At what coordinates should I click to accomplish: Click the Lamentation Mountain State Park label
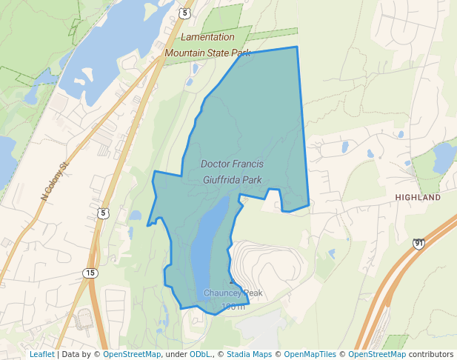[x=207, y=44]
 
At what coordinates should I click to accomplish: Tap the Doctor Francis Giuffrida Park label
[x=232, y=171]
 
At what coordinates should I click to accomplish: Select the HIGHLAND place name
[x=418, y=198]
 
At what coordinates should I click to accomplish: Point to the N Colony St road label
[x=54, y=181]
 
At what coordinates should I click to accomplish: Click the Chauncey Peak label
[x=233, y=293]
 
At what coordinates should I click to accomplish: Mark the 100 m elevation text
[x=233, y=307]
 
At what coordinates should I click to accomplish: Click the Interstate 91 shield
[x=419, y=243]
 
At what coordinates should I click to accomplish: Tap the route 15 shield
[x=90, y=273]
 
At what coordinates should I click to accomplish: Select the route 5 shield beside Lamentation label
[x=184, y=13]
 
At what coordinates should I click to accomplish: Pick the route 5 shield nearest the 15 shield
[x=102, y=214]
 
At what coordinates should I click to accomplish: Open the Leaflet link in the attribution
[x=41, y=355]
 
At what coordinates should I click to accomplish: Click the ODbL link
[x=200, y=355]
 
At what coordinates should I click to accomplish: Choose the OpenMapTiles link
[x=310, y=355]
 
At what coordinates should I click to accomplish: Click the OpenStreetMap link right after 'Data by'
[x=132, y=355]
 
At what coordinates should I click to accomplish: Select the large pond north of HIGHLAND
[x=445, y=156]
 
